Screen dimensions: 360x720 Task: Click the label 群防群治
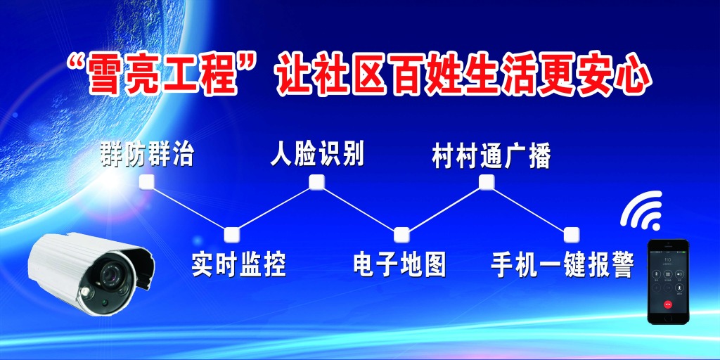click(x=147, y=154)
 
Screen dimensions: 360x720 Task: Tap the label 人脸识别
click(x=317, y=154)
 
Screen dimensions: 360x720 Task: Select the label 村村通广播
click(x=491, y=156)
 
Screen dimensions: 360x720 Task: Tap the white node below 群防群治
click(x=147, y=184)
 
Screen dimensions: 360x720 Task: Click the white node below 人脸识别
click(x=317, y=183)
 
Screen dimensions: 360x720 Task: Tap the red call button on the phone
click(x=668, y=304)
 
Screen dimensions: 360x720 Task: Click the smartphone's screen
click(x=668, y=281)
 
